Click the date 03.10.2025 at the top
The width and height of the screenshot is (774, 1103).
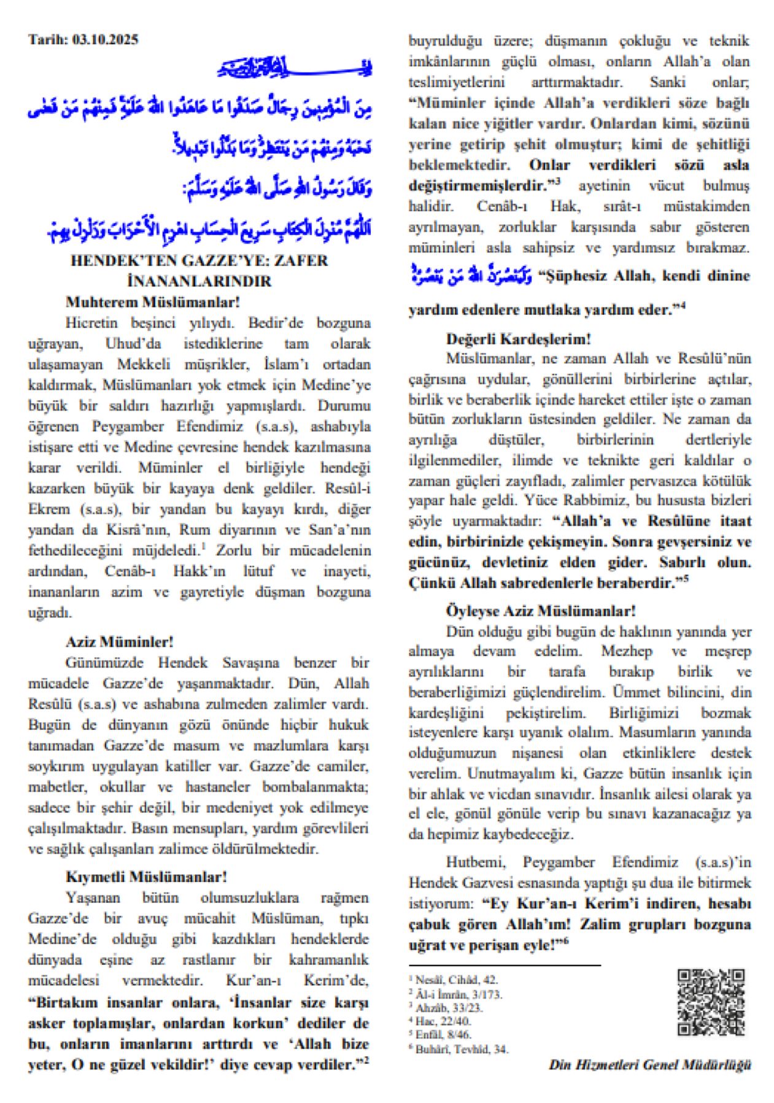tap(105, 40)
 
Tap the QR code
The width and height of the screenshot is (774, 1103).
tap(711, 1002)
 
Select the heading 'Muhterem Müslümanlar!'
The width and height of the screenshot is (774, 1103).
tap(152, 302)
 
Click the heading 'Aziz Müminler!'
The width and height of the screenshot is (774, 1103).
tap(120, 642)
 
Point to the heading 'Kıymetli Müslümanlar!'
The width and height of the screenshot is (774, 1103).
tap(146, 877)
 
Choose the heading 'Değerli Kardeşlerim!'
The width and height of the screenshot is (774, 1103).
tap(518, 339)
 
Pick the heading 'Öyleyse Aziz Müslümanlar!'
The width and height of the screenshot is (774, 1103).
tap(540, 611)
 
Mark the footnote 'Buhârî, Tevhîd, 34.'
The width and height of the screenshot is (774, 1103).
tap(461, 1049)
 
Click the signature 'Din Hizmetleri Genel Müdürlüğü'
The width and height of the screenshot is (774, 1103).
tap(649, 1065)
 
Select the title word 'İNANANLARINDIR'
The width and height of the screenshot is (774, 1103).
tap(199, 281)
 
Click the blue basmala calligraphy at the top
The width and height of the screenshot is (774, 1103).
tap(295, 67)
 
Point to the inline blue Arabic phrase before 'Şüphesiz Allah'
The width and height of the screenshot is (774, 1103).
tap(471, 274)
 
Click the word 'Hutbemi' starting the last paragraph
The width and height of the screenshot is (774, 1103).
tap(476, 862)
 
